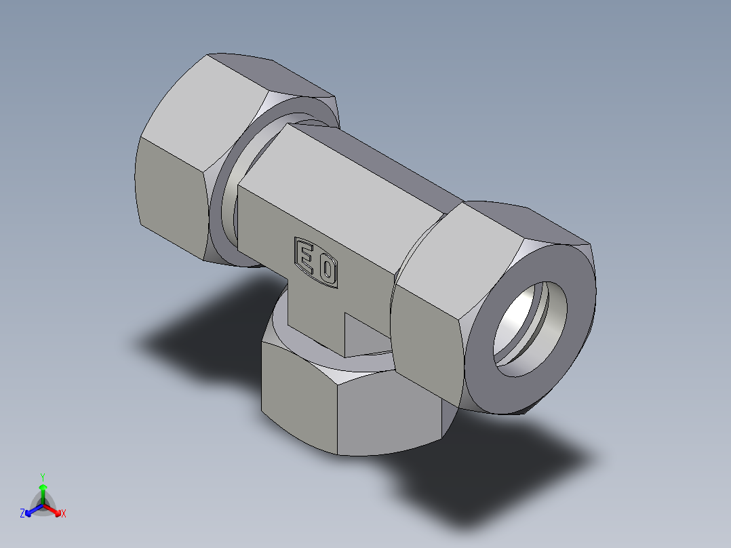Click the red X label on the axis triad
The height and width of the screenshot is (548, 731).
(64, 513)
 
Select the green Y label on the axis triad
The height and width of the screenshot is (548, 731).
(42, 476)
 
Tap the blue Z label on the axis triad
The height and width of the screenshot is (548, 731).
(22, 513)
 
